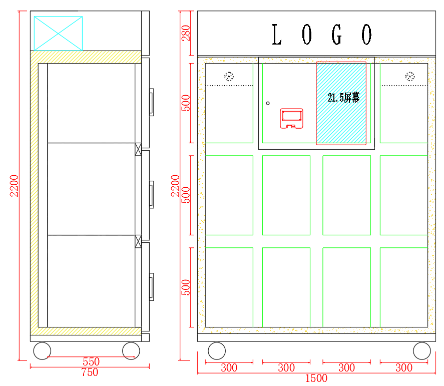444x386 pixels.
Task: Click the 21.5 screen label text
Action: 343,98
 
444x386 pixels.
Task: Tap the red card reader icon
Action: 291,118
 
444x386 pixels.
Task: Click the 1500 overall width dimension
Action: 316,378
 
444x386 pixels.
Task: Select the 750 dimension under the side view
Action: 90,372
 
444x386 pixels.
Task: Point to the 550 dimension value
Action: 91,361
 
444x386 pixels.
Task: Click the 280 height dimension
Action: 186,33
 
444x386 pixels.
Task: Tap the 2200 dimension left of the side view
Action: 15,185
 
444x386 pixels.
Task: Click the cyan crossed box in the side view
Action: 58,34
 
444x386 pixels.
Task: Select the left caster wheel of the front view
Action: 216,350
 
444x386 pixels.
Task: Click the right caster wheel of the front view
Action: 422,350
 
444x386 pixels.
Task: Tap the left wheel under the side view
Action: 42,350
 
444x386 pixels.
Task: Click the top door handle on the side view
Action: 151,102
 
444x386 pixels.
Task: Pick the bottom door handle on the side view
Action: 151,287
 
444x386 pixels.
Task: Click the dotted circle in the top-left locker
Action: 229,77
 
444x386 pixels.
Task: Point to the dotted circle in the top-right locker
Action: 410,77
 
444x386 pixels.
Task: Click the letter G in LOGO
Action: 337,35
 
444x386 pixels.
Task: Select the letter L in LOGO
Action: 276,35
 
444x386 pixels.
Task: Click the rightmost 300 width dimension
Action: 403,368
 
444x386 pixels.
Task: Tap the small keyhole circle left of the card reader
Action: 268,103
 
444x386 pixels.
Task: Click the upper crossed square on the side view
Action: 138,149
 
